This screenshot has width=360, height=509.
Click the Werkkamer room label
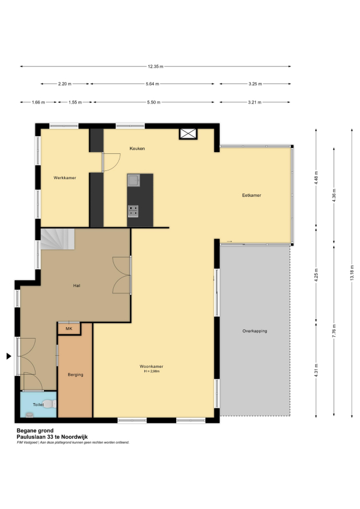point(65,178)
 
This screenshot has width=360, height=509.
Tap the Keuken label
point(137,149)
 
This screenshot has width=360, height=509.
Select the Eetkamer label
point(251,196)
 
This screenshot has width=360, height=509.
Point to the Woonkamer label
point(152,367)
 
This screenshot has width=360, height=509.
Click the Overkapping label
point(255,331)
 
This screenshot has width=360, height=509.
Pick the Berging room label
point(76,375)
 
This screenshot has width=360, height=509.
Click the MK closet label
point(69,329)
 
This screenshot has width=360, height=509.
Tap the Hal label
point(77,285)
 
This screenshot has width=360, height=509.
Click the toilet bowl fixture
point(49,404)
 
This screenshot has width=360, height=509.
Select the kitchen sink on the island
point(133,180)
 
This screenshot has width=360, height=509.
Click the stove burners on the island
point(133,211)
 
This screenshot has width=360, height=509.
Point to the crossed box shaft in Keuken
point(188,134)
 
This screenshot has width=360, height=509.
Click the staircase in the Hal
point(57,239)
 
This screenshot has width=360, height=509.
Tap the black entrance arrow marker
point(9,356)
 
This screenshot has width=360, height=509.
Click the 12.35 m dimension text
point(155,66)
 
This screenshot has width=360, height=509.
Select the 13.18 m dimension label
point(352,273)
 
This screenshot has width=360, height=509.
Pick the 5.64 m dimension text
point(152,83)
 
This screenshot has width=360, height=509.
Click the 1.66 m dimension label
point(38,102)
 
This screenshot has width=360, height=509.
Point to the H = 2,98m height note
point(152,371)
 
